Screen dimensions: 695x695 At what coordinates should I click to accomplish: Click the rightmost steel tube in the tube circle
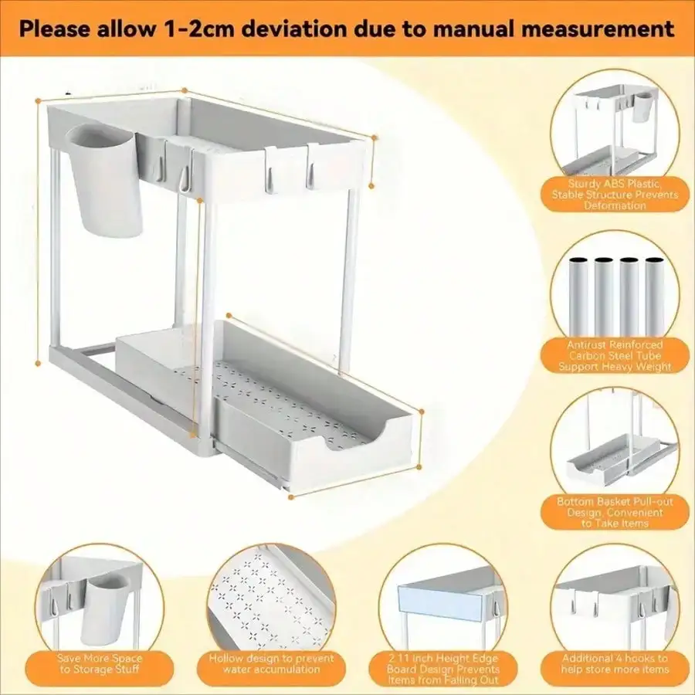coord(654,301)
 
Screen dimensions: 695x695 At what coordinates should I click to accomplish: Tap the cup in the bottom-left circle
coord(106,606)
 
